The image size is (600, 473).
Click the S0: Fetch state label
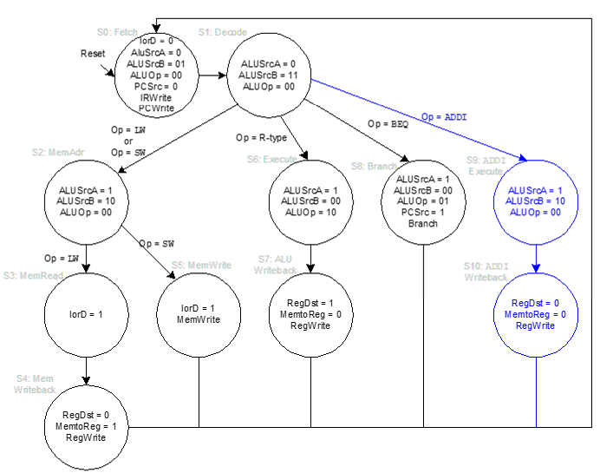(117, 32)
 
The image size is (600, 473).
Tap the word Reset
(93, 54)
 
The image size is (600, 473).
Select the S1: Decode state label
(222, 32)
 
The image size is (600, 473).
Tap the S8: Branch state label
(375, 165)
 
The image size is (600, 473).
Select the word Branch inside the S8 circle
(423, 223)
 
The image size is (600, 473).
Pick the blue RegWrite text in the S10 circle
(535, 325)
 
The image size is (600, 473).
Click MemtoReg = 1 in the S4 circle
(85, 426)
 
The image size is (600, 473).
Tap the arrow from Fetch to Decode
(212, 76)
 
